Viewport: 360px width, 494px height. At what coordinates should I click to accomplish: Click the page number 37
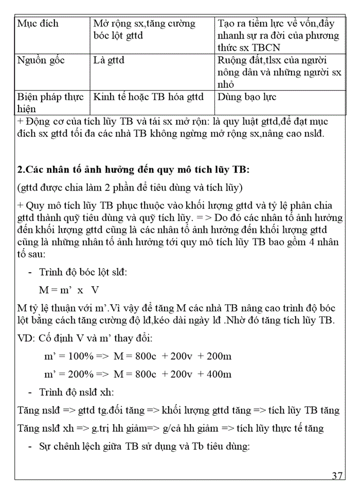point(337,475)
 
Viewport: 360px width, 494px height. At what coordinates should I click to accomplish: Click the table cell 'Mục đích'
point(38,24)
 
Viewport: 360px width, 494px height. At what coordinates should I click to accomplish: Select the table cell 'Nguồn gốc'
point(41,61)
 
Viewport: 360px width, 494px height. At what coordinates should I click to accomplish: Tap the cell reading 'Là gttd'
point(109,61)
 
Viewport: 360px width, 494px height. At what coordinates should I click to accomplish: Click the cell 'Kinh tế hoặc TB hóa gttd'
point(148,97)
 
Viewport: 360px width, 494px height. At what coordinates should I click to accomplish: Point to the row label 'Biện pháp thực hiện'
point(50,102)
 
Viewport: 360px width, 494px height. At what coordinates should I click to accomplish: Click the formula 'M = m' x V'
point(69,289)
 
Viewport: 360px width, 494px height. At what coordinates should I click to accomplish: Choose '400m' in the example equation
point(220,374)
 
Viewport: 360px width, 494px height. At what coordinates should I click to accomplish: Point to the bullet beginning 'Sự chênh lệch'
point(144,446)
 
